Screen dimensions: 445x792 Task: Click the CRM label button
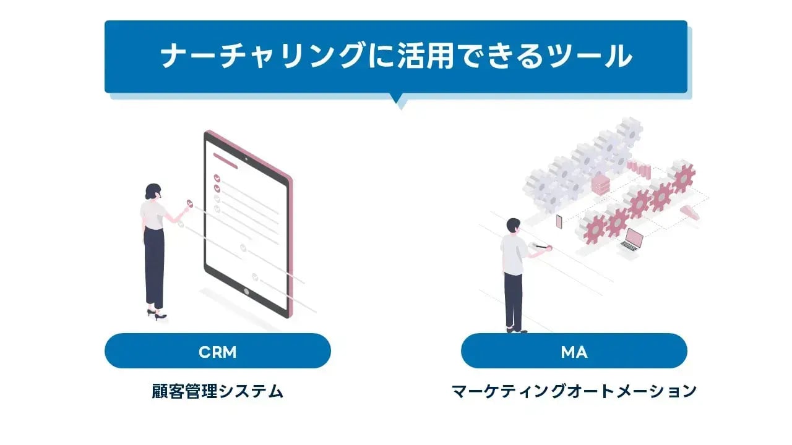tap(217, 352)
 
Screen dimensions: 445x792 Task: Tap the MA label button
tap(574, 352)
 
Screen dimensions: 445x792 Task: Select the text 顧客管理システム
tap(217, 391)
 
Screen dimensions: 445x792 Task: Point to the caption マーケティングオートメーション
tap(574, 391)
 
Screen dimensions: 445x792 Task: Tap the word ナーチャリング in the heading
tap(262, 56)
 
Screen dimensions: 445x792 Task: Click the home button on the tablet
tap(246, 291)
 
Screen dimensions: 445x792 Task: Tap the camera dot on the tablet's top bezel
tap(246, 158)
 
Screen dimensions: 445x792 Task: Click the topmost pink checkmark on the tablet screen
tap(217, 177)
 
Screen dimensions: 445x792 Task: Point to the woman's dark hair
tap(152, 190)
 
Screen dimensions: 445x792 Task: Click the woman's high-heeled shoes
tap(157, 315)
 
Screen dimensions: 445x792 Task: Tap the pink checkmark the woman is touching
tap(190, 203)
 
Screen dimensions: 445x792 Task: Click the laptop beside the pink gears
tap(631, 240)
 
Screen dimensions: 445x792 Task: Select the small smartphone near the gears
tap(559, 221)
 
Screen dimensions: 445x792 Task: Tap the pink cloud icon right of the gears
tap(688, 212)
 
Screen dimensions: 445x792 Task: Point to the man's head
tap(514, 226)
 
